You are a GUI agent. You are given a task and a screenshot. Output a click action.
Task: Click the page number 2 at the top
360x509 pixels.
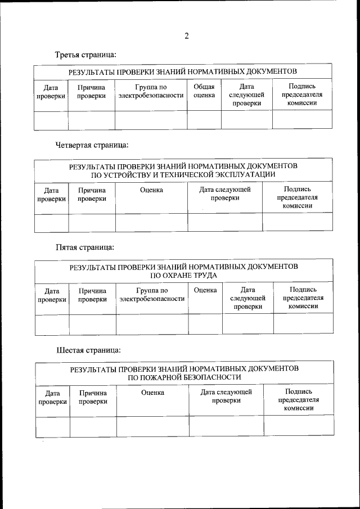pyautogui.click(x=186, y=37)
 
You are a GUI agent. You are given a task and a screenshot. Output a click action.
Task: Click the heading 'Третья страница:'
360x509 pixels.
pyautogui.click(x=86, y=55)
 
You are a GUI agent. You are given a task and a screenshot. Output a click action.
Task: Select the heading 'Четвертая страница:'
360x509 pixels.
pyautogui.click(x=92, y=145)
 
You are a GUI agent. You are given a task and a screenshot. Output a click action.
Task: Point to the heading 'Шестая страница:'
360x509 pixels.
pyautogui.click(x=89, y=350)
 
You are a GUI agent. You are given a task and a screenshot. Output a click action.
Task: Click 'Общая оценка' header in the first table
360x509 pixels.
pyautogui.click(x=204, y=91)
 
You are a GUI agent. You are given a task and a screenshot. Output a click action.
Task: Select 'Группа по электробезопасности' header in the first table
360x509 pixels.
pyautogui.click(x=151, y=91)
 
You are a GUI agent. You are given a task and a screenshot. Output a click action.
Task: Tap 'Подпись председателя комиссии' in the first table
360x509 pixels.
pyautogui.click(x=301, y=95)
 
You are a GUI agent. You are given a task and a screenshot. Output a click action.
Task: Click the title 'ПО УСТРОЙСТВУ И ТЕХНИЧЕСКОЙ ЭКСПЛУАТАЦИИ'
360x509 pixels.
pyautogui.click(x=183, y=175)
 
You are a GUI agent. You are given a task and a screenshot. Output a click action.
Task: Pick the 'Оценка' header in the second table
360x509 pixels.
pyautogui.click(x=151, y=190)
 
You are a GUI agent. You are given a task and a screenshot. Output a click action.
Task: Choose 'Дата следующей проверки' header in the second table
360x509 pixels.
pyautogui.click(x=225, y=194)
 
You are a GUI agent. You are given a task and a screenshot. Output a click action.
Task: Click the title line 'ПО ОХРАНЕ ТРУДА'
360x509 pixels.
pyautogui.click(x=183, y=276)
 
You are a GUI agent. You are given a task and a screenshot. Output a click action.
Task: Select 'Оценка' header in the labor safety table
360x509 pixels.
pyautogui.click(x=205, y=290)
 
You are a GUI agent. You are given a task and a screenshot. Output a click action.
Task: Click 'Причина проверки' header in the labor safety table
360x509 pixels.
pyautogui.click(x=92, y=295)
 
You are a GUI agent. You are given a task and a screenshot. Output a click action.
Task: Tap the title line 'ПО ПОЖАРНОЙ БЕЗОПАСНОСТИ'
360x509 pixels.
pyautogui.click(x=184, y=377)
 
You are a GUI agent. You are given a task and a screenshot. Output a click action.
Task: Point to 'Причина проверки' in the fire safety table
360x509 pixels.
pyautogui.click(x=93, y=397)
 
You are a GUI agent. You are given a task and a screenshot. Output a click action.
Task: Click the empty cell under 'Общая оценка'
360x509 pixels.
pyautogui.click(x=204, y=120)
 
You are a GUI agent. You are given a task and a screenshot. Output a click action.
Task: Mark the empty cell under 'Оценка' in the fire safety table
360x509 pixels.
pyautogui.click(x=152, y=426)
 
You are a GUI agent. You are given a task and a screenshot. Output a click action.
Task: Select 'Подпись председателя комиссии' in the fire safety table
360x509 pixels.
pyautogui.click(x=299, y=400)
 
